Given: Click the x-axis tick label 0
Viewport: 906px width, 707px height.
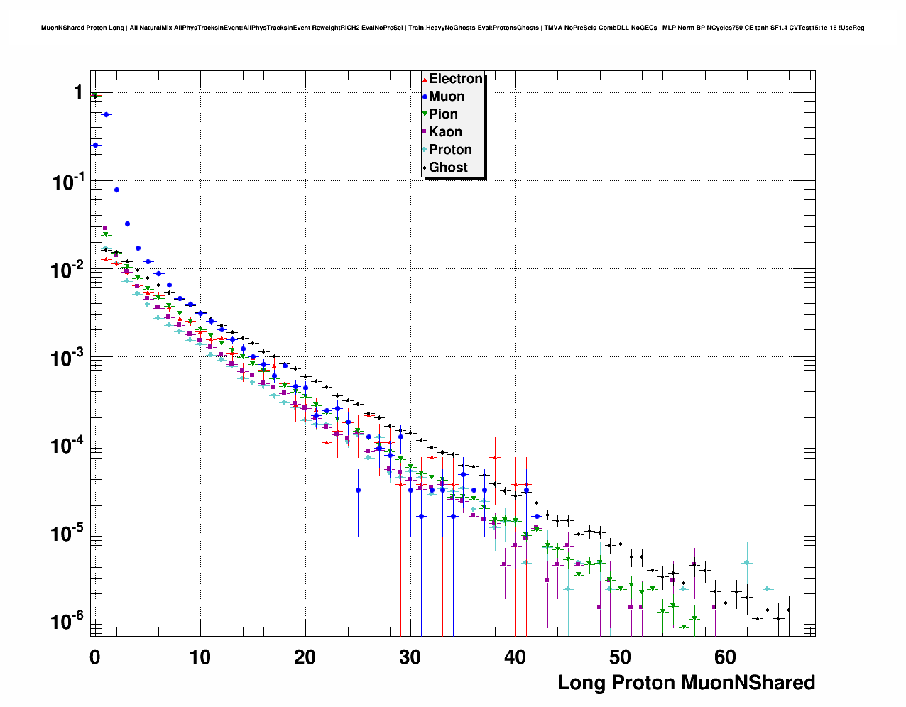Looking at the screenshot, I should click(x=95, y=657).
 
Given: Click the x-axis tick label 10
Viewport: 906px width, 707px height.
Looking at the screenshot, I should click(x=200, y=657).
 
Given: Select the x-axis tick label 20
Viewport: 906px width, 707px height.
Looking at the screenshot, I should click(x=305, y=657).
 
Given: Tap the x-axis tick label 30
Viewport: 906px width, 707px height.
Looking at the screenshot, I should click(x=410, y=657).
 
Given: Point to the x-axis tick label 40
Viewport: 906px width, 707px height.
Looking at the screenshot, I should click(x=515, y=657).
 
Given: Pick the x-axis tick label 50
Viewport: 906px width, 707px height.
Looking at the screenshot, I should click(x=621, y=657).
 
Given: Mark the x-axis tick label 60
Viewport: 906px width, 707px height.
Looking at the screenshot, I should click(x=726, y=657).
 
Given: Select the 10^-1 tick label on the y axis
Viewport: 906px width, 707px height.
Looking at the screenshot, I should click(x=68, y=182).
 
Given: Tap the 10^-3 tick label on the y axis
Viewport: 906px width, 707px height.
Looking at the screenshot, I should click(x=68, y=358).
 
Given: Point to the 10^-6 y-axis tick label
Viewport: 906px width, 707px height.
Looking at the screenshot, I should click(x=68, y=621).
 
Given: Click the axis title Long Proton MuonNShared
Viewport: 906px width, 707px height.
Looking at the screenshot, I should click(x=686, y=683).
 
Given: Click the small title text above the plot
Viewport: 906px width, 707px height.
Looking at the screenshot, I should click(x=452, y=28).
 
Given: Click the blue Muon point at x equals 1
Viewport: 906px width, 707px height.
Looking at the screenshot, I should click(x=106, y=114).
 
